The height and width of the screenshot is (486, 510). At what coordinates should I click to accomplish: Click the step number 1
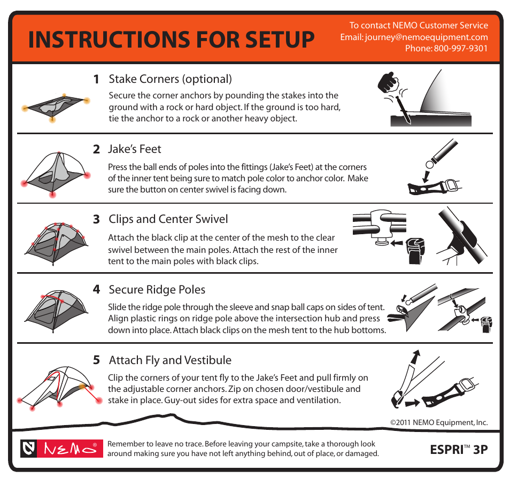click(x=96, y=79)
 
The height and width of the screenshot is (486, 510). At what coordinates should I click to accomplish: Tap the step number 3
click(x=96, y=219)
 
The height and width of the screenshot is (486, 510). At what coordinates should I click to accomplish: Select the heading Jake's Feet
click(x=134, y=149)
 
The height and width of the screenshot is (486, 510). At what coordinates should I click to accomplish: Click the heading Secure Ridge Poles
click(x=157, y=290)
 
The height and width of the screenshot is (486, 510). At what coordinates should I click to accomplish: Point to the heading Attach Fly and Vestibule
click(x=170, y=360)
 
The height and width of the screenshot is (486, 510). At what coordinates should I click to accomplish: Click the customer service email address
click(x=426, y=37)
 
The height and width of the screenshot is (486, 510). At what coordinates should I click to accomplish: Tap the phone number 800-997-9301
click(x=461, y=49)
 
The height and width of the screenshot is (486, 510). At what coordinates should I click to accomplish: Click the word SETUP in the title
click(x=280, y=40)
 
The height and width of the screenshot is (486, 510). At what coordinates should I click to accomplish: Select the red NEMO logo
click(x=70, y=449)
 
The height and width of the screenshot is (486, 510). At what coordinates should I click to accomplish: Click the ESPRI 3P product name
click(x=459, y=450)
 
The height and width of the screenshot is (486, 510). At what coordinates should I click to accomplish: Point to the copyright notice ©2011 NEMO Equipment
click(x=439, y=422)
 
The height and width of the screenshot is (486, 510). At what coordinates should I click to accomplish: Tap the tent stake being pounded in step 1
click(x=403, y=110)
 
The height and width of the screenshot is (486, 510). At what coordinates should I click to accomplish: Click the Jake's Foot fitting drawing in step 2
click(x=434, y=187)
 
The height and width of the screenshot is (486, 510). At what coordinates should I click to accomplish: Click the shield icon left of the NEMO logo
click(x=29, y=449)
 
